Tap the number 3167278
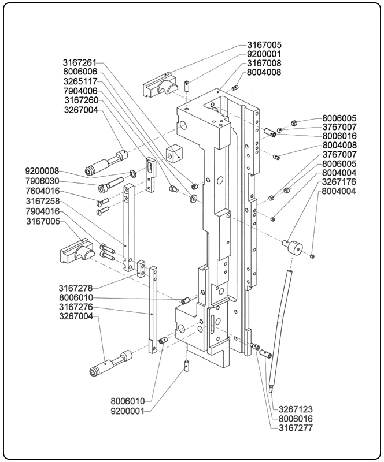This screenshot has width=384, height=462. (x=76, y=288)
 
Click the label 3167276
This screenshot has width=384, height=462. (x=76, y=307)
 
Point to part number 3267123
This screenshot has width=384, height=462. (x=295, y=409)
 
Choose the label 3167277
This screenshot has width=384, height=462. (x=295, y=428)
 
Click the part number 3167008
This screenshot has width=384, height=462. (x=264, y=63)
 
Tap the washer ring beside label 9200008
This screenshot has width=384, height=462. (x=134, y=173)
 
